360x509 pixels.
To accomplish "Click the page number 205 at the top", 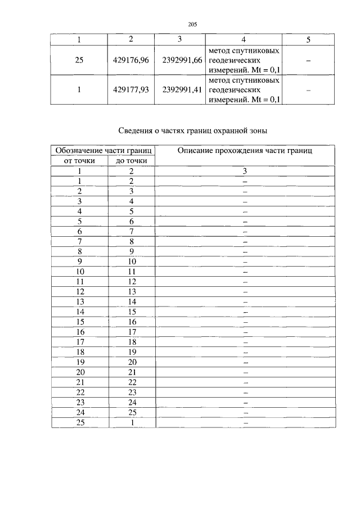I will pyautogui.click(x=191, y=24).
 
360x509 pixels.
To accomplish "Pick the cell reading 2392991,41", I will pyautogui.click(x=182, y=89).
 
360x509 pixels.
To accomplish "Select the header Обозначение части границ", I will pyautogui.click(x=103, y=151).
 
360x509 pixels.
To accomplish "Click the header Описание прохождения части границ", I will pyautogui.click(x=245, y=151).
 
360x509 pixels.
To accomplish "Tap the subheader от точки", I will pyautogui.click(x=80, y=161).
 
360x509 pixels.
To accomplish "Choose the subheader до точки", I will pyautogui.click(x=132, y=161).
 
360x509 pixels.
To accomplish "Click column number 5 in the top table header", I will pyautogui.click(x=308, y=39).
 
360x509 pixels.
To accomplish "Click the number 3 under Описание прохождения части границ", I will pyautogui.click(x=245, y=171).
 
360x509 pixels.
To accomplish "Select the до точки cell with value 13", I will pyautogui.click(x=132, y=291).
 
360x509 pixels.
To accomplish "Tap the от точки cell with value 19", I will pyautogui.click(x=80, y=362).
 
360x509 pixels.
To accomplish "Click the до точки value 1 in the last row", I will pyautogui.click(x=132, y=423).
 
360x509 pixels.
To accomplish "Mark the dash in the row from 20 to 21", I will pyautogui.click(x=245, y=372).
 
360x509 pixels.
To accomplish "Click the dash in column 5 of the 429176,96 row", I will pyautogui.click(x=308, y=60).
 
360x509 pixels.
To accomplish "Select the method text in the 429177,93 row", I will pyautogui.click(x=244, y=89).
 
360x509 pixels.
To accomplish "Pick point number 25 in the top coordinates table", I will pyautogui.click(x=79, y=60).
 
